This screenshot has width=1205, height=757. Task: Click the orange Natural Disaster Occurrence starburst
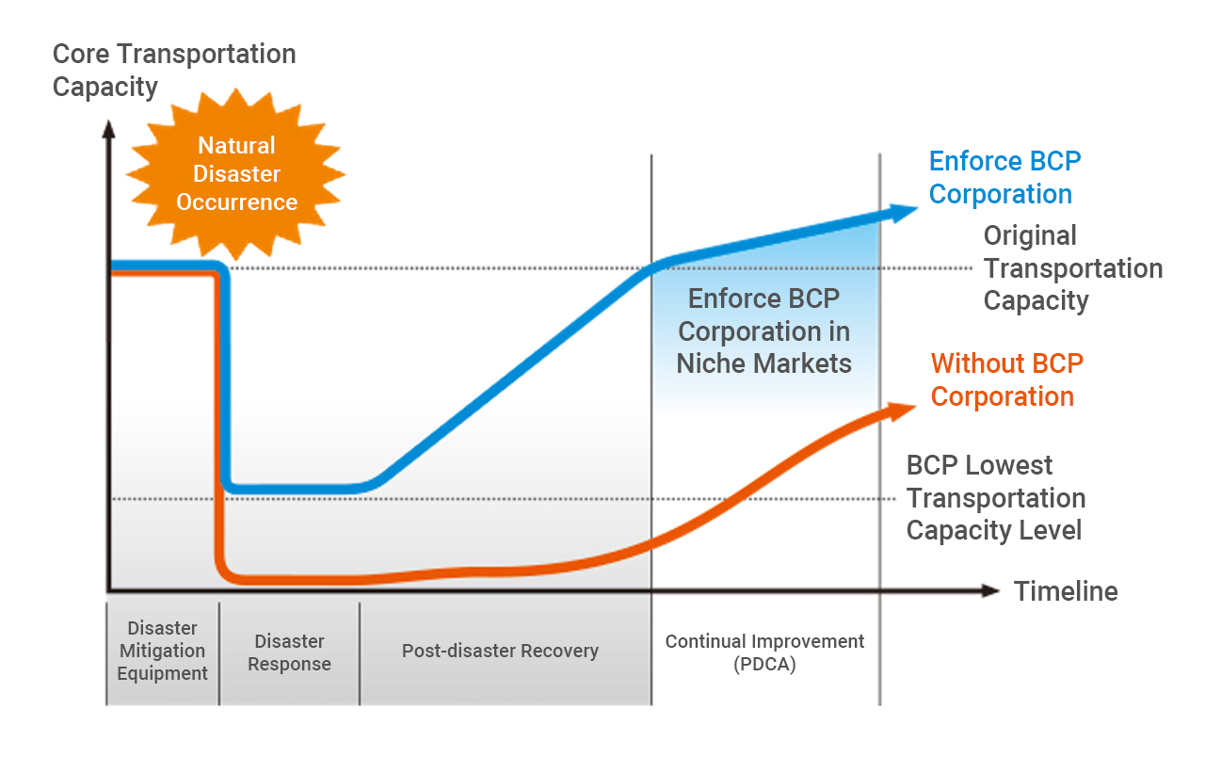click(x=236, y=174)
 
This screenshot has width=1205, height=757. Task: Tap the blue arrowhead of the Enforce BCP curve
click(x=901, y=212)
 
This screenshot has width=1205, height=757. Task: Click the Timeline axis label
click(x=1066, y=591)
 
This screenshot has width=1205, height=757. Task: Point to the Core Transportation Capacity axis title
click(x=174, y=71)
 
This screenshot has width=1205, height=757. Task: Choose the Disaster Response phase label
click(x=289, y=652)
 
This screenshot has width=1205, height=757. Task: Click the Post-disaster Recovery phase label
click(x=500, y=651)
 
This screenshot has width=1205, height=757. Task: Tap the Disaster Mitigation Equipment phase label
click(x=163, y=651)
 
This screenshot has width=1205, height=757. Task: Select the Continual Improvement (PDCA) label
click(x=764, y=652)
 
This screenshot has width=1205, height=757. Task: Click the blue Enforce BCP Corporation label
click(x=1004, y=178)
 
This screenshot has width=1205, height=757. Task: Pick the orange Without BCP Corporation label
click(x=1007, y=380)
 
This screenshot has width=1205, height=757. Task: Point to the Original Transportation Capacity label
click(x=1073, y=268)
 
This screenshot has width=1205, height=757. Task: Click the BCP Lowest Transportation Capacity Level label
click(x=996, y=498)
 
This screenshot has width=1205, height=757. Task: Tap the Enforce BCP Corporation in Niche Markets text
click(x=763, y=330)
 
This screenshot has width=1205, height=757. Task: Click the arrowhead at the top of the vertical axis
click(x=108, y=129)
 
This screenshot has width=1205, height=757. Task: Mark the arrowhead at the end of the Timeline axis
click(x=990, y=590)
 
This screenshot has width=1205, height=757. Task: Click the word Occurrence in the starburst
click(x=236, y=202)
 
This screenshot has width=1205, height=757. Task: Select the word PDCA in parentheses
click(x=764, y=665)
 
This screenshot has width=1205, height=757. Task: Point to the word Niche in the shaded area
click(x=712, y=363)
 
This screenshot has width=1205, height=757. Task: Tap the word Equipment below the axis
click(x=163, y=673)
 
